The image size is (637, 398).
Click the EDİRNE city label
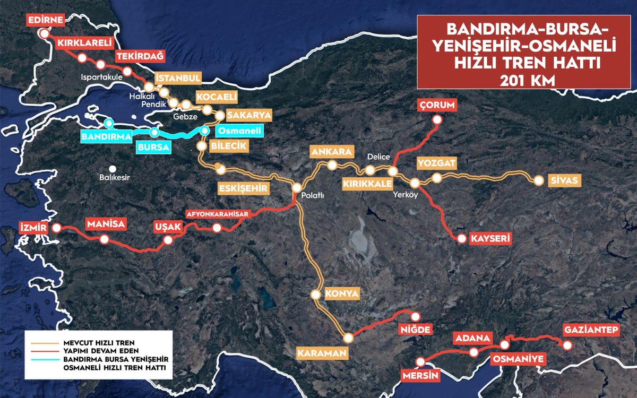point(46,21)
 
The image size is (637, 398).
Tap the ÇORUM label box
point(437,105)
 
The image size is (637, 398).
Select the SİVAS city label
point(565,181)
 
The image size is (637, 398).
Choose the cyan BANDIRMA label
point(106,136)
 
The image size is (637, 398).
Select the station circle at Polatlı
point(297,188)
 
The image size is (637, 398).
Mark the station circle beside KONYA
point(316,294)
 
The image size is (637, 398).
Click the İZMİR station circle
point(56,228)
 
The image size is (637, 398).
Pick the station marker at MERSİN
point(421,362)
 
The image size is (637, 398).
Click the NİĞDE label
point(417,330)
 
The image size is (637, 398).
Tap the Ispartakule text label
point(102,77)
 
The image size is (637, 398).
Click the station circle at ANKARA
point(332,166)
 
